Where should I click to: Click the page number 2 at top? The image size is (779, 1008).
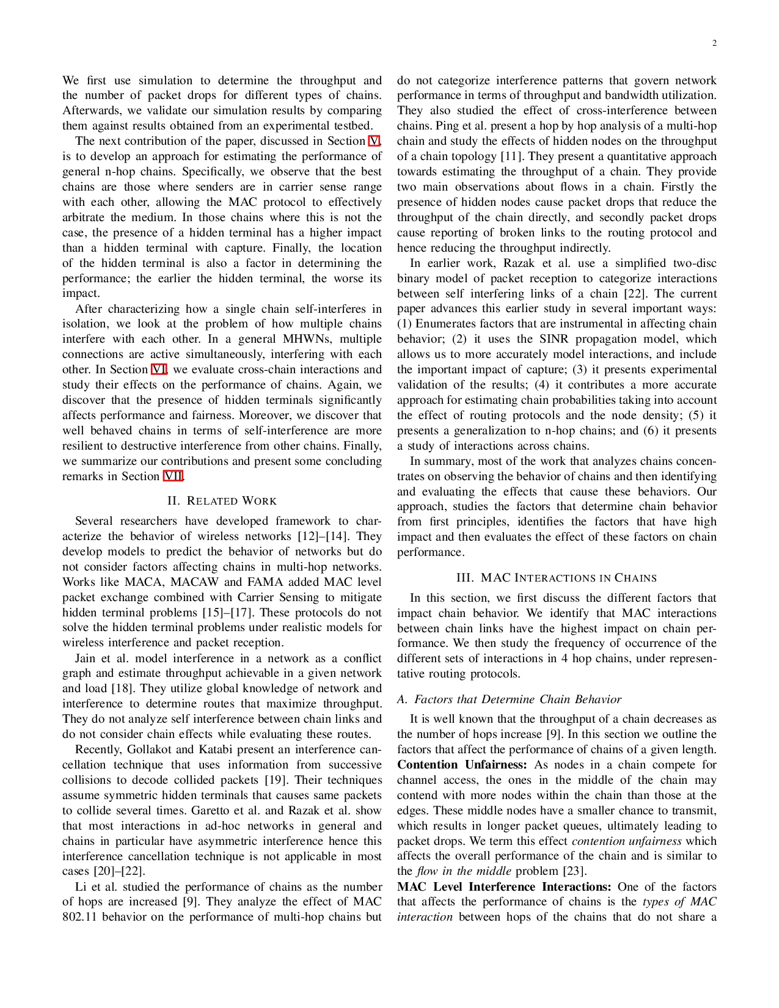(714, 43)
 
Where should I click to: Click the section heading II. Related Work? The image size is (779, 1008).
(222, 501)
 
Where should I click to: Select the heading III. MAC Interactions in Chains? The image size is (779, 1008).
(557, 578)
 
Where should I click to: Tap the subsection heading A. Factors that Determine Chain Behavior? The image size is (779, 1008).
(509, 699)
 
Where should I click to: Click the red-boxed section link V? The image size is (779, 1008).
(374, 141)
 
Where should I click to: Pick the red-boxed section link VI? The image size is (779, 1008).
(159, 370)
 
